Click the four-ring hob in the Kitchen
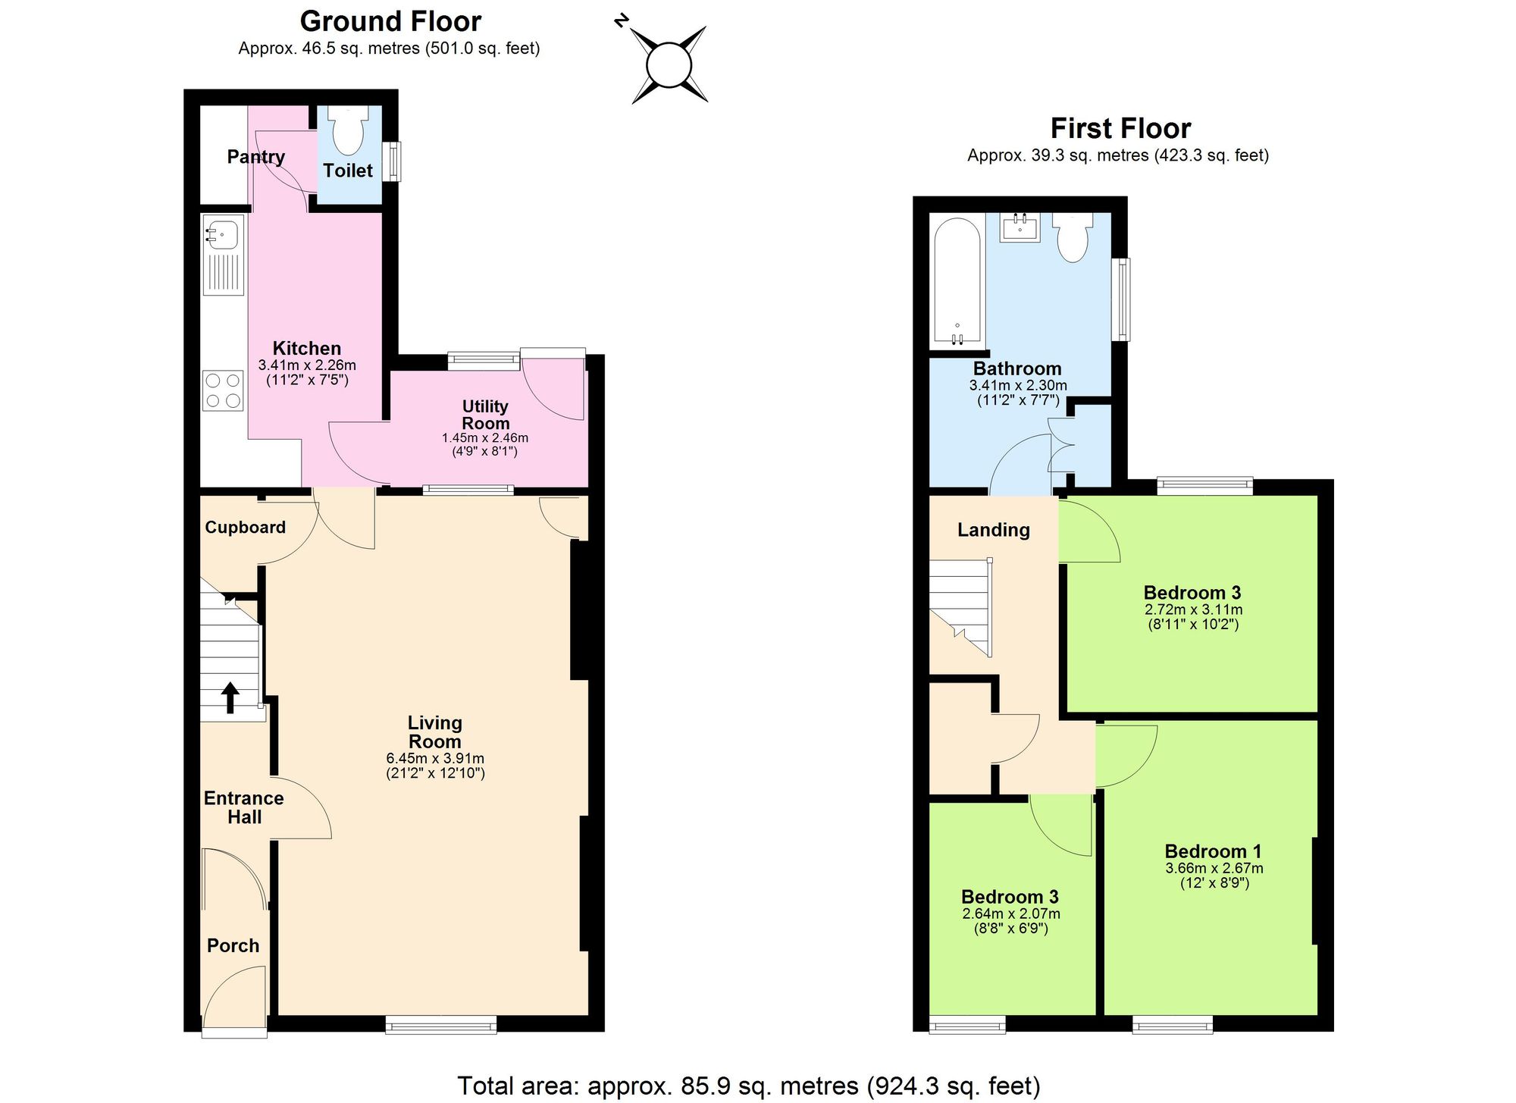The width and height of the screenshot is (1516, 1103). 223,390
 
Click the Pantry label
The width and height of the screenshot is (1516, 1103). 256,157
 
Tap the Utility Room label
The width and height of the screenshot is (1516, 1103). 485,415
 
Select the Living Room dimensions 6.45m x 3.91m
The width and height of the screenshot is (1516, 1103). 435,758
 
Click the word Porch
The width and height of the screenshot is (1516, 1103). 233,945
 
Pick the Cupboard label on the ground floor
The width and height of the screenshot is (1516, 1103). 245,528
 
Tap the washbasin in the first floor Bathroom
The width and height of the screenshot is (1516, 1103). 1020,226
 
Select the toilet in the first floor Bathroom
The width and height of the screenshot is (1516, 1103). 1073,236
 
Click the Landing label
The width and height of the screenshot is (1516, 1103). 993,530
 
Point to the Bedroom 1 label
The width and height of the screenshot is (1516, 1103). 1213,851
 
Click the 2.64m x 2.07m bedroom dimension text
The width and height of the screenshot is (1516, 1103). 1010,914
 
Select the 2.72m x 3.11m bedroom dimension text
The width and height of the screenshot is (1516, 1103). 1193,609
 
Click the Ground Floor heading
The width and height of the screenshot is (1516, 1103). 390,21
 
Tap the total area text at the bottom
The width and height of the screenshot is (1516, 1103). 748,1086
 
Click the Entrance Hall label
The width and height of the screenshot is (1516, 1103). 243,807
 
